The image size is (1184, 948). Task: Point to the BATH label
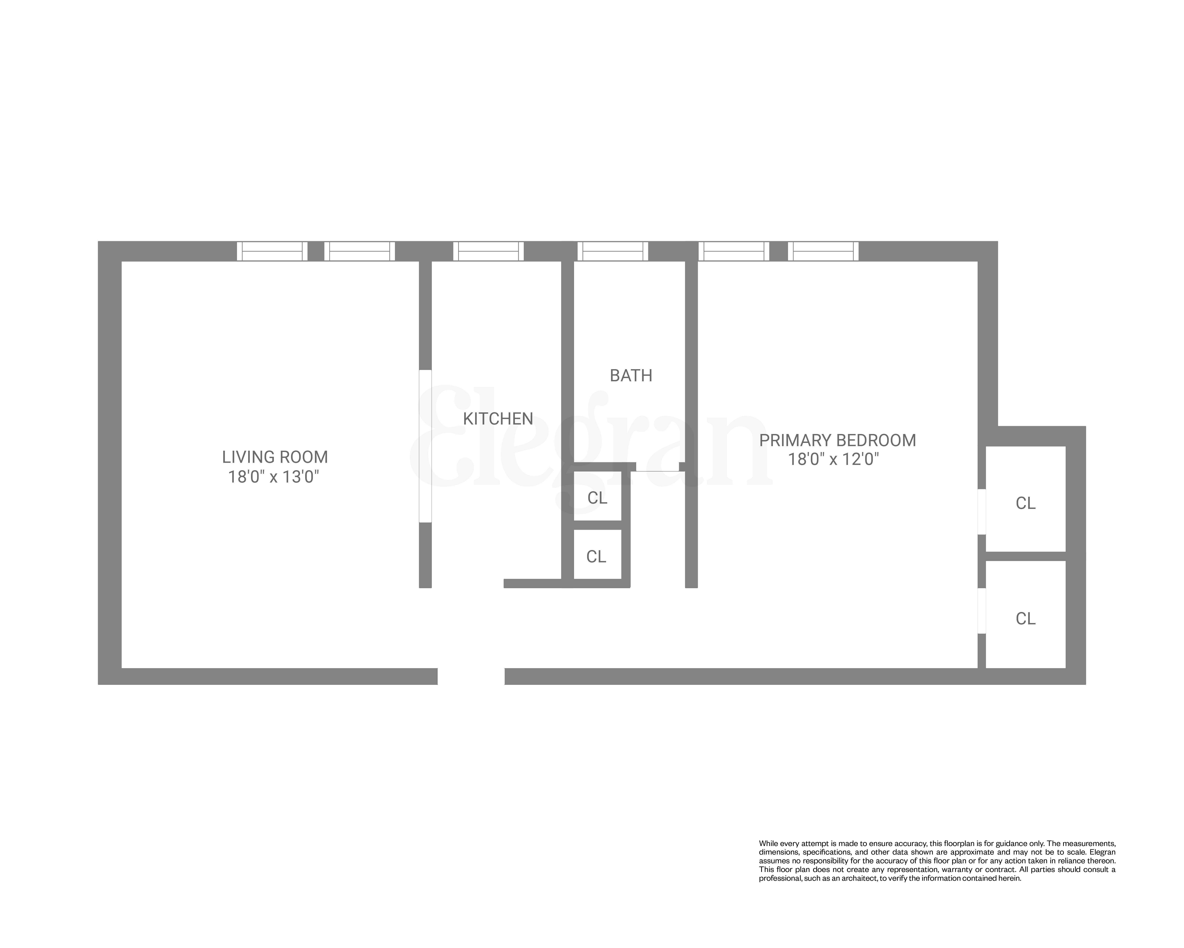pyautogui.click(x=631, y=376)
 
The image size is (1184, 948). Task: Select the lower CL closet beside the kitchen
pyautogui.click(x=596, y=557)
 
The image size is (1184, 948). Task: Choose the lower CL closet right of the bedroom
pyautogui.click(x=1025, y=619)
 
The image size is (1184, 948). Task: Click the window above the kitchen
pyautogui.click(x=488, y=251)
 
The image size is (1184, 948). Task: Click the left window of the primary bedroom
pyautogui.click(x=734, y=251)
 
